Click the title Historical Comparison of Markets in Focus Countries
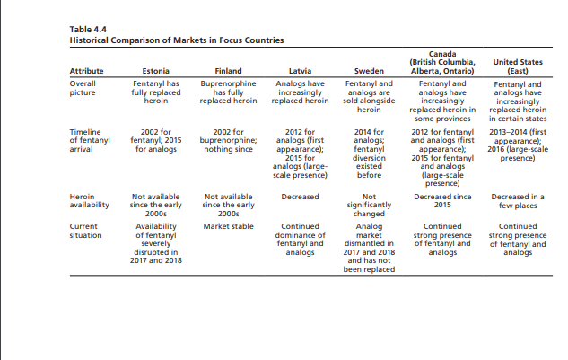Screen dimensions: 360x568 (176, 40)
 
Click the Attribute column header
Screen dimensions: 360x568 (86, 70)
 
